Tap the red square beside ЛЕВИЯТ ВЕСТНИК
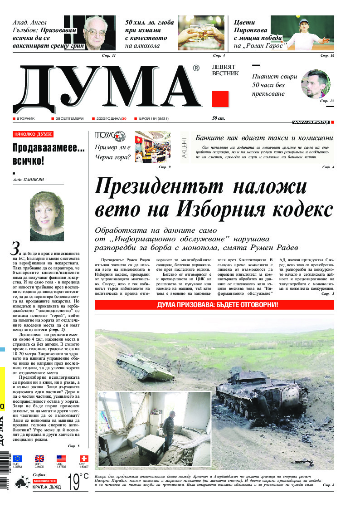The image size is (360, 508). (x=220, y=98)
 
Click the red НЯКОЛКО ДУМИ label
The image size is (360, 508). (x=33, y=134)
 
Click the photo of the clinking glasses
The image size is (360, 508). (x=195, y=33)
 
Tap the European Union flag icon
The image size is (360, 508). (x=17, y=458)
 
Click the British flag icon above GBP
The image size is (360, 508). (x=39, y=458)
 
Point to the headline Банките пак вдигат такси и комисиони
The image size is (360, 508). (x=264, y=138)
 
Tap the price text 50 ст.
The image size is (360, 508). (x=219, y=119)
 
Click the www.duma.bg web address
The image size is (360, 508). (x=311, y=122)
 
